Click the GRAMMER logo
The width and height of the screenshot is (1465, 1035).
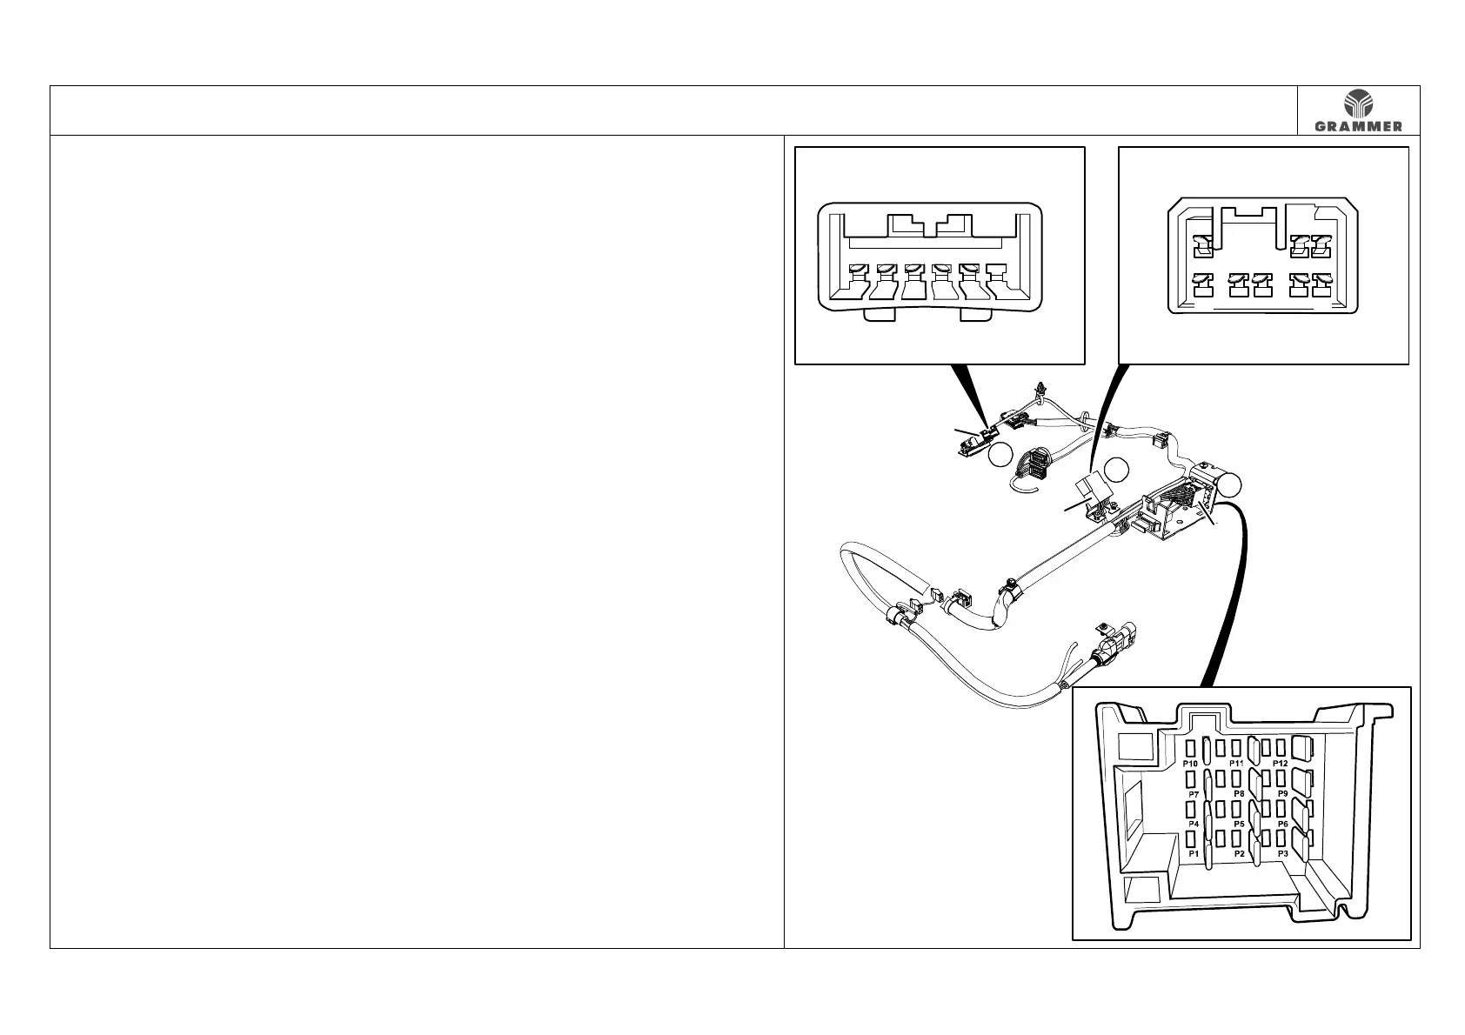(1358, 110)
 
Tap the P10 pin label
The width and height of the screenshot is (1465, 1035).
(1192, 763)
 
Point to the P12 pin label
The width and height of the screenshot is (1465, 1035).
(1280, 763)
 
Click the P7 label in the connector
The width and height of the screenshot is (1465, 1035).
(1194, 794)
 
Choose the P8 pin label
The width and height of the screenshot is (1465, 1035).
(1239, 794)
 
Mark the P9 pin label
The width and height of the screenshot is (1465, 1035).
(1282, 794)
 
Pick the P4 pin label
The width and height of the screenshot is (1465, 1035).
(1194, 824)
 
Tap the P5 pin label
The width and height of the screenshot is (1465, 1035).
(1240, 824)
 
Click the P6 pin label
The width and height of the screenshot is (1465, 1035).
(1282, 824)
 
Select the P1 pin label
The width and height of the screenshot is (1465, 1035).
(1194, 854)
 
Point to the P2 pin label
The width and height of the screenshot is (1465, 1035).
(1240, 854)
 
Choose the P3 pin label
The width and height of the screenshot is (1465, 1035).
(1282, 854)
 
